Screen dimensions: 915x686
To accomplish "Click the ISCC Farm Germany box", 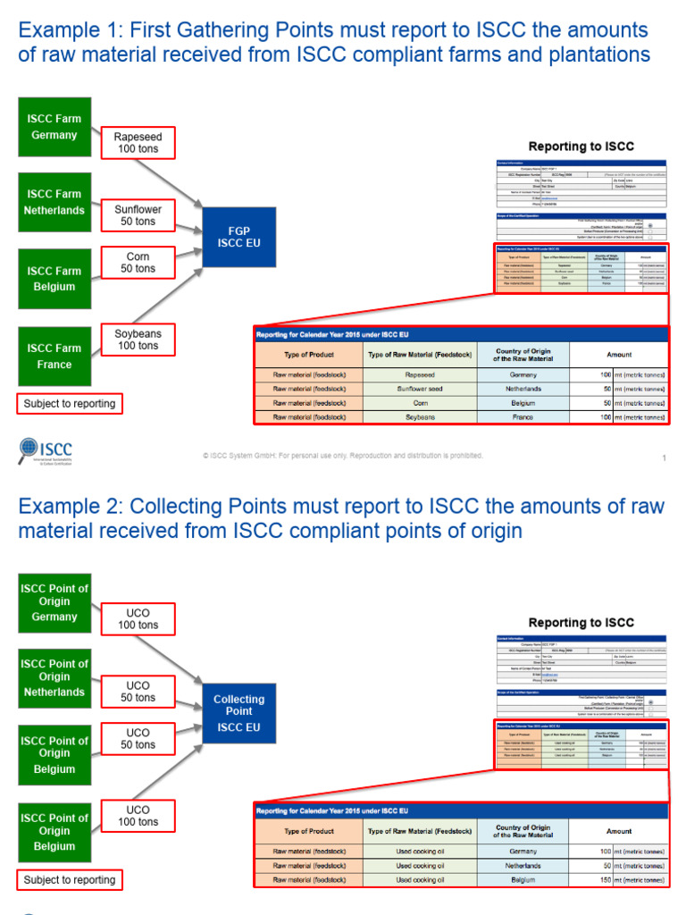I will (x=54, y=127).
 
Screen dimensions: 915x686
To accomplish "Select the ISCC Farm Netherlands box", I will (x=54, y=202).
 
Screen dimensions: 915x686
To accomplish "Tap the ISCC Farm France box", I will (x=54, y=357).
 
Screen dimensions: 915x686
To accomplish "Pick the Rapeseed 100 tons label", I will (x=138, y=143).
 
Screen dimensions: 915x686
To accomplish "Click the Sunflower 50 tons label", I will (x=138, y=215).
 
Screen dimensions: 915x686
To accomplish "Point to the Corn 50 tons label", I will (x=138, y=263).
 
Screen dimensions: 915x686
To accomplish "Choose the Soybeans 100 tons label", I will (x=138, y=340).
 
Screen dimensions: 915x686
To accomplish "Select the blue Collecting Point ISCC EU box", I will (x=238, y=712).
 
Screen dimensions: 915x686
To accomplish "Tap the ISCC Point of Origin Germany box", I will (x=54, y=603).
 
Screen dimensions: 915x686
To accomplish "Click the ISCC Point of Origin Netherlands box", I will (x=54, y=678).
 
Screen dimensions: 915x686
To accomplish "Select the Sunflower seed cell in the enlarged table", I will (x=420, y=390).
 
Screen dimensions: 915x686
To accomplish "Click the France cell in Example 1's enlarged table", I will (x=523, y=417).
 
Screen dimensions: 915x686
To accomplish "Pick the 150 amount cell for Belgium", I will (x=619, y=880).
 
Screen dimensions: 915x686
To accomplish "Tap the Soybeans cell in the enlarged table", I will (x=420, y=417).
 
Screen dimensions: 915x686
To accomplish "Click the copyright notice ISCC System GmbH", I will (x=343, y=456).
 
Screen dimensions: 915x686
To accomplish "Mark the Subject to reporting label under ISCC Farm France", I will (x=70, y=404).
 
